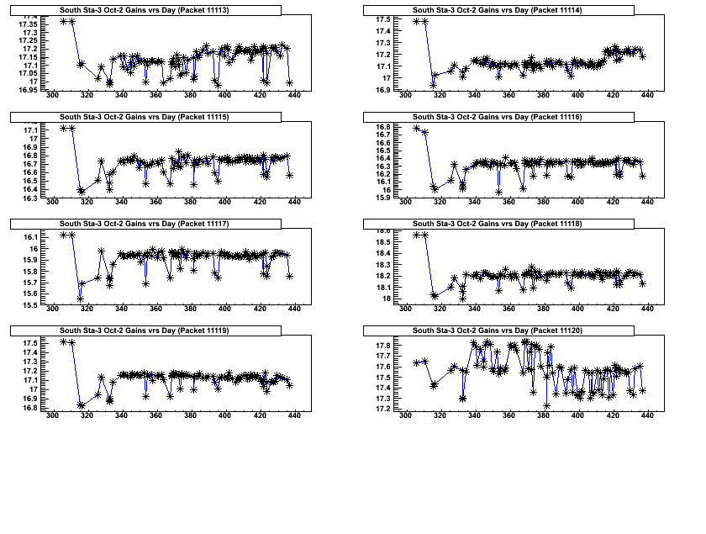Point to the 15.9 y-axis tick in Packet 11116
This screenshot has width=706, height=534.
point(382,198)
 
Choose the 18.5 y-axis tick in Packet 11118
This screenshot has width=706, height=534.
point(382,242)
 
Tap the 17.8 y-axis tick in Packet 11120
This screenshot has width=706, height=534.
point(382,346)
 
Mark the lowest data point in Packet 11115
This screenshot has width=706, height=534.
point(82,192)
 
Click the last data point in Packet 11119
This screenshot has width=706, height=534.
point(289,385)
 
